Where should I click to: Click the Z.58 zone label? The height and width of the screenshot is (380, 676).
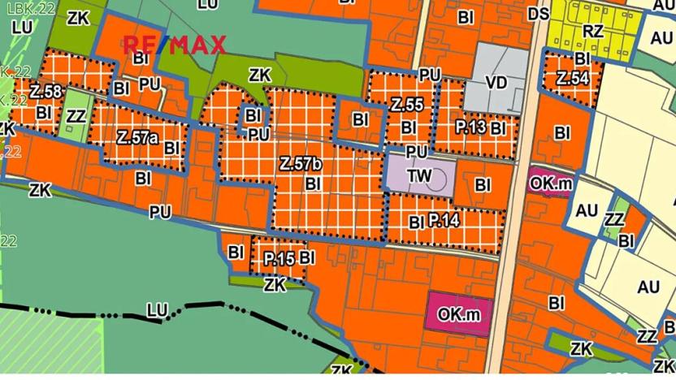(46, 91)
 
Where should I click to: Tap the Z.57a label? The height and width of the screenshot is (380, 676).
(136, 136)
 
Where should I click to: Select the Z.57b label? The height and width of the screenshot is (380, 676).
(301, 164)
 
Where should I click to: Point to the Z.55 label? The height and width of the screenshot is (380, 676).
(406, 105)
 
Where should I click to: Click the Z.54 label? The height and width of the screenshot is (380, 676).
(573, 79)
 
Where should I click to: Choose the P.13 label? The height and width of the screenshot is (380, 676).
(470, 127)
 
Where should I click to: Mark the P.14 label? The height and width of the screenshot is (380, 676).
(444, 219)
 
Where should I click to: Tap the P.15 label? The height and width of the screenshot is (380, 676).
(279, 258)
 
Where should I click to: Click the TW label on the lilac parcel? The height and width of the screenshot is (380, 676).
(419, 175)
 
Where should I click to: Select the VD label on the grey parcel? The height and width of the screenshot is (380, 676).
(496, 83)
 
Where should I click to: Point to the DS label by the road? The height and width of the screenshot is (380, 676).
(538, 14)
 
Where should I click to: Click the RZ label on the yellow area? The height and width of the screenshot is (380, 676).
(593, 31)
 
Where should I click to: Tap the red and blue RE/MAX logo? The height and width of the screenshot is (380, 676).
(174, 45)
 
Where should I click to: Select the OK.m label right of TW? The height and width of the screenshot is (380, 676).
(552, 184)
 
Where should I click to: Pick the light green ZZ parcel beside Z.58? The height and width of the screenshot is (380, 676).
(76, 116)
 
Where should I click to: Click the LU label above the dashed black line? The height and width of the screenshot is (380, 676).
(157, 310)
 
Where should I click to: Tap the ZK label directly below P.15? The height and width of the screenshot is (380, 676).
(275, 284)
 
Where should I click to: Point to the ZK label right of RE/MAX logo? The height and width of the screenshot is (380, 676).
(259, 75)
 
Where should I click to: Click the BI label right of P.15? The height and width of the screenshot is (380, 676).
(307, 257)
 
